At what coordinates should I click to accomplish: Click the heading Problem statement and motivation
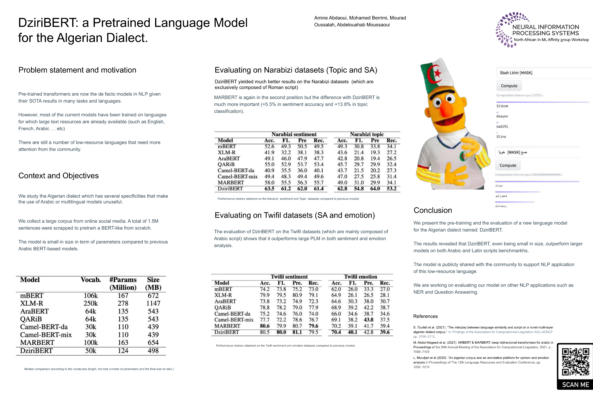77,70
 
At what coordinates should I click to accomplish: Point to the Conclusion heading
433,210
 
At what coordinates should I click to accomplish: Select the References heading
425,316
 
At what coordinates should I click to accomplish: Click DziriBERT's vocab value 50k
90,351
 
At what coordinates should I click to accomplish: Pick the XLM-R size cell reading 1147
153,303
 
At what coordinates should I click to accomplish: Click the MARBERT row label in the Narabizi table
231,183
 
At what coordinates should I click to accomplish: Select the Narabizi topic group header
367,134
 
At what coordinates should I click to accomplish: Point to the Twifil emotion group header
361,277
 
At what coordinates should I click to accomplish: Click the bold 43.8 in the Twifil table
368,320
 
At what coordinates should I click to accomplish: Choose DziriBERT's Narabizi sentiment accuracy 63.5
269,189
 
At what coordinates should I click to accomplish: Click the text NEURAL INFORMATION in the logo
546,27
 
